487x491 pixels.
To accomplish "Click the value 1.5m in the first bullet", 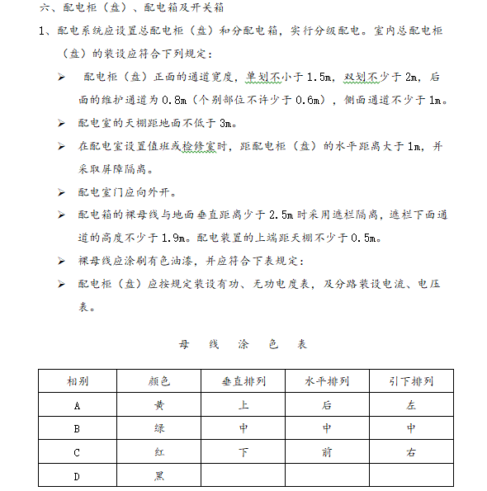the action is point(319,78).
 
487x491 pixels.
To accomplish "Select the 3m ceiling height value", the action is point(228,124).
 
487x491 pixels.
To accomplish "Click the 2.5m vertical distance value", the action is point(281,215).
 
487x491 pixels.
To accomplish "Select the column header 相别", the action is point(78,381).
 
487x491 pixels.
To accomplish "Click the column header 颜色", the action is point(159,381).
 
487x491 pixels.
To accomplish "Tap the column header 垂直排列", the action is point(243,381).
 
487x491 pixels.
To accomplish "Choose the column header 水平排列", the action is point(327,381).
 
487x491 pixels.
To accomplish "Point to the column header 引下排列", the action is point(411,381).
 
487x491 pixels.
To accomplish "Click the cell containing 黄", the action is point(159,405).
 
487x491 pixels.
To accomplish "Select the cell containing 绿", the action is point(159,429).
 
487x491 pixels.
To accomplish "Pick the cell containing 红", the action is point(159,453).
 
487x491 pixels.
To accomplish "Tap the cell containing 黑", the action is point(159,476).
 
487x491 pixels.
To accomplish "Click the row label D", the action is point(78,476).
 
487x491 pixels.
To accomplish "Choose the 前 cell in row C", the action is point(327,453).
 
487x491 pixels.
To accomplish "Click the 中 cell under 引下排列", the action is point(411,429).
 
